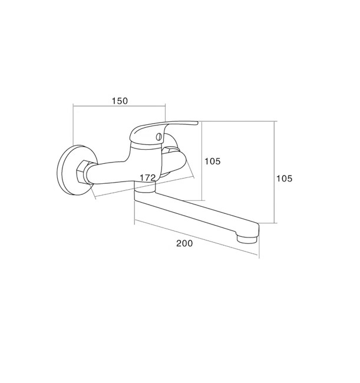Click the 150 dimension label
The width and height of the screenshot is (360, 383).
point(120,101)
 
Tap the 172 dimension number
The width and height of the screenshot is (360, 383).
point(147,178)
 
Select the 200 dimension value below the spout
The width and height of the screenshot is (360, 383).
point(184,243)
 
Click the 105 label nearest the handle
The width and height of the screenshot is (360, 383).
point(213,161)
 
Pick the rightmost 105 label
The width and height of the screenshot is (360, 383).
point(284,179)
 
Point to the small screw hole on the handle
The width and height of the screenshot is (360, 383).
point(159,137)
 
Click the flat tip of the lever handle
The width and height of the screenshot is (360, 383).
point(196,123)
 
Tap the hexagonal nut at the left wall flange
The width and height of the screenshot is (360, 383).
point(83,171)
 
